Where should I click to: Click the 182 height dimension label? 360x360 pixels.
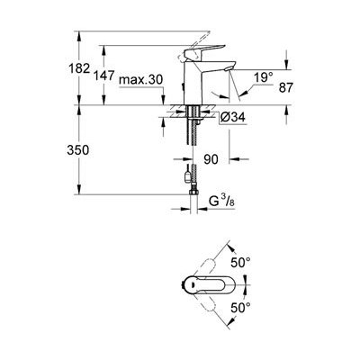tap(79, 68)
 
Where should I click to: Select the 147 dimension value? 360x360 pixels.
tap(103, 76)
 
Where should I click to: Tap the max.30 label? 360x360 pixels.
tap(140, 80)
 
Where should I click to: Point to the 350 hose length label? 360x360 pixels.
tap(78, 149)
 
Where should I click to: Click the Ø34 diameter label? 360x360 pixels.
tap(232, 117)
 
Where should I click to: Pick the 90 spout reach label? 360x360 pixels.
tap(211, 159)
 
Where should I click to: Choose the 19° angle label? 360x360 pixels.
tap(264, 78)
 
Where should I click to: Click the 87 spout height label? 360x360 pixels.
tap(285, 88)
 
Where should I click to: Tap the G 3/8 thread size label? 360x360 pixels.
tap(221, 202)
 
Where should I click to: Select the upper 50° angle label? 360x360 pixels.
tap(240, 263)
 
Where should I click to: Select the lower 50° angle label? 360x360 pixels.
tap(240, 308)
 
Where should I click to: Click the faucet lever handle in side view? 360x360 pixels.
tap(204, 52)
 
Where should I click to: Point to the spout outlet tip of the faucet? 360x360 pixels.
tap(227, 69)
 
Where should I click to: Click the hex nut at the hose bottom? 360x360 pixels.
tap(193, 192)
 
